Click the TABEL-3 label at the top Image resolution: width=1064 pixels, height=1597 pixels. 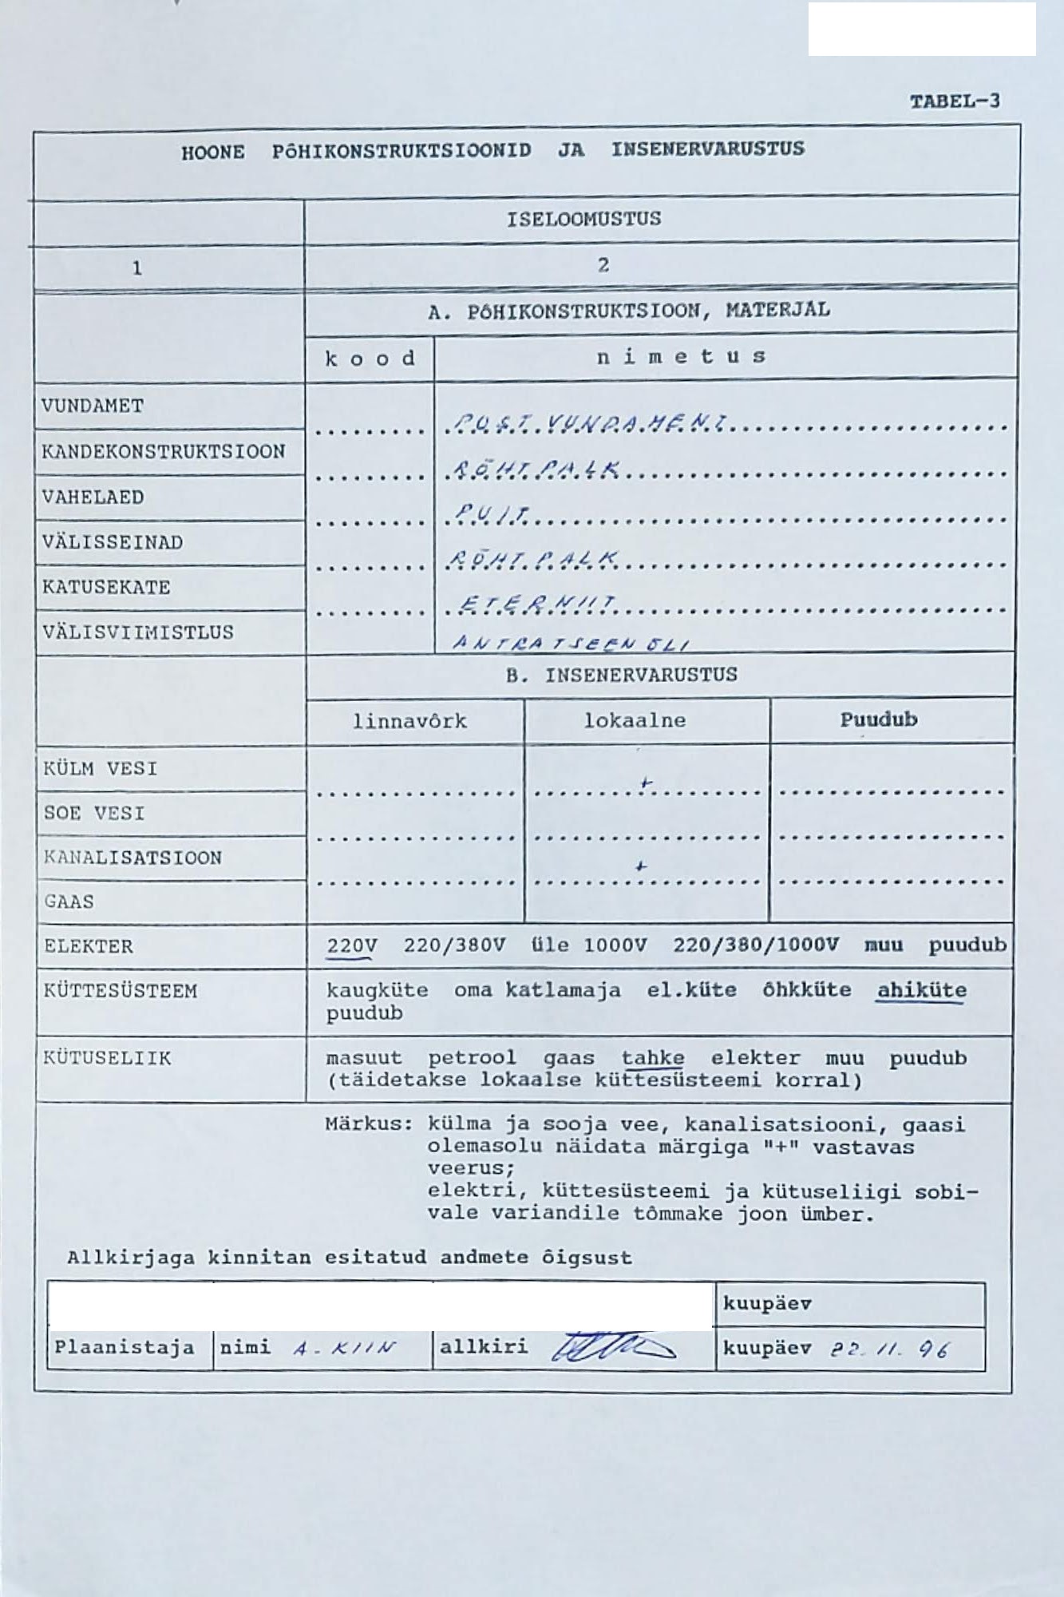(955, 101)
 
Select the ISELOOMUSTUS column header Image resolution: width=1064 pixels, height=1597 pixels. (583, 219)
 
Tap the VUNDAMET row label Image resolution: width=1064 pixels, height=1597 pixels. (93, 406)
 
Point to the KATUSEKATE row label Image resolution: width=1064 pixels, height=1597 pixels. (106, 588)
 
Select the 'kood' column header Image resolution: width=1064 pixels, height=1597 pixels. (370, 358)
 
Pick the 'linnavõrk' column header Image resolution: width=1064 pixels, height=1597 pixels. (410, 722)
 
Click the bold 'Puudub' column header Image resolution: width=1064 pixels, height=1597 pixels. (878, 720)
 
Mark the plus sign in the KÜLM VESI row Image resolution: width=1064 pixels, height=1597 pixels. (647, 786)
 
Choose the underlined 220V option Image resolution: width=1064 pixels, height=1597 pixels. (351, 946)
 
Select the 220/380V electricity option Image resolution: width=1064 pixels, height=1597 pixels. (454, 946)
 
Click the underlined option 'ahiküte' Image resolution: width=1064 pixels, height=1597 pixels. (922, 991)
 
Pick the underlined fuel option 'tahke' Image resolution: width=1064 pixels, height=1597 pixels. (653, 1059)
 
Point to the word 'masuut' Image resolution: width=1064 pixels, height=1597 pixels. (364, 1059)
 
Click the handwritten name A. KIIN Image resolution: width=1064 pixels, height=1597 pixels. (344, 1349)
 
